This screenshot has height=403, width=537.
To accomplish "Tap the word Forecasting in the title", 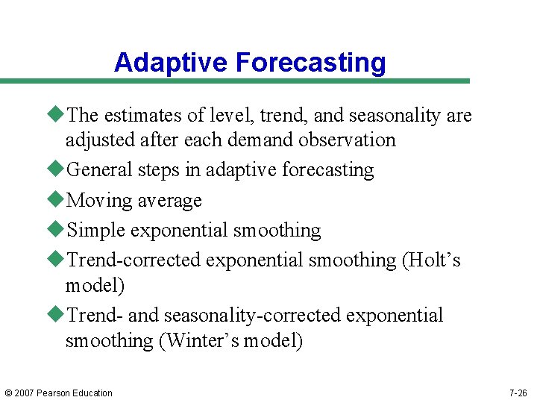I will (311, 62).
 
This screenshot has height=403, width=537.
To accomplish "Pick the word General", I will (95, 169).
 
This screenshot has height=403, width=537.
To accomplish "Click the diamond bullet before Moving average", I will (57, 199).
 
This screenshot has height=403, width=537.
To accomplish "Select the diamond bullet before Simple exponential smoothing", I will (57, 229).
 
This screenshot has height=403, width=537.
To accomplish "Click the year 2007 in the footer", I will (26, 393).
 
